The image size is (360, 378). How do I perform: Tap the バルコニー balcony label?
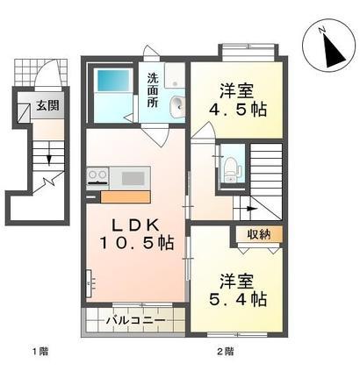(135, 320)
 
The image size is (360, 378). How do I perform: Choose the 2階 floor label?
(226, 352)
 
